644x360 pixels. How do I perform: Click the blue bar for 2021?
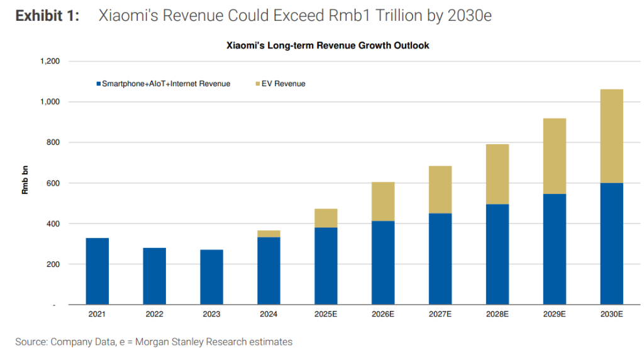pyautogui.click(x=97, y=271)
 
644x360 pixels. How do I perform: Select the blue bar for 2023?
pyautogui.click(x=211, y=277)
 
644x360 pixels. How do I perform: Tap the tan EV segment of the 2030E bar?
pyautogui.click(x=611, y=136)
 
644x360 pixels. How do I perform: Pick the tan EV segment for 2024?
pyautogui.click(x=269, y=233)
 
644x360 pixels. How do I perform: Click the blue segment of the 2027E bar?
pyautogui.click(x=440, y=259)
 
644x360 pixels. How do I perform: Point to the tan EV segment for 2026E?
pyautogui.click(x=383, y=201)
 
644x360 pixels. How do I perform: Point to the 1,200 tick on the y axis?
pyautogui.click(x=50, y=61)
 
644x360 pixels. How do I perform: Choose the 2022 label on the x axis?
pyautogui.click(x=154, y=314)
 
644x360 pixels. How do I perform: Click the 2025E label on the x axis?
pyautogui.click(x=326, y=314)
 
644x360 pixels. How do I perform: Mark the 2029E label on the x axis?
pyautogui.click(x=554, y=314)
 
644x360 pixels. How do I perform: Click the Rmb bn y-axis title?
pyautogui.click(x=25, y=183)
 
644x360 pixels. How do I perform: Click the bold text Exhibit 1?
pyautogui.click(x=48, y=16)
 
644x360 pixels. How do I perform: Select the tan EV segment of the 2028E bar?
pyautogui.click(x=497, y=174)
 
